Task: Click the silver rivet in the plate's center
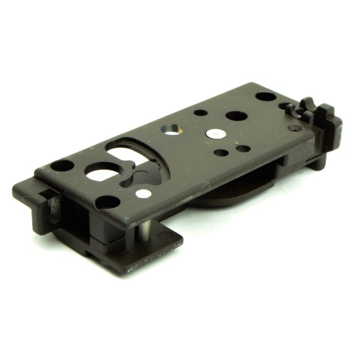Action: (215, 133)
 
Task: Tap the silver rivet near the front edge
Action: (143, 193)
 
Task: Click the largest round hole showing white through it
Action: (101, 174)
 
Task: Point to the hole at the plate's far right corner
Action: (265, 96)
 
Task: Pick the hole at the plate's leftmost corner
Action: (62, 165)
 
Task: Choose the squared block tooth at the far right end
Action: (326, 120)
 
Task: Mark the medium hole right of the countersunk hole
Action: (234, 115)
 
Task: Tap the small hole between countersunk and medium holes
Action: (201, 113)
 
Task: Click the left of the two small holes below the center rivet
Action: (221, 152)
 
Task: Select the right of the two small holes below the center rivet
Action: (243, 148)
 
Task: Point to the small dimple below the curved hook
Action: (294, 127)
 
